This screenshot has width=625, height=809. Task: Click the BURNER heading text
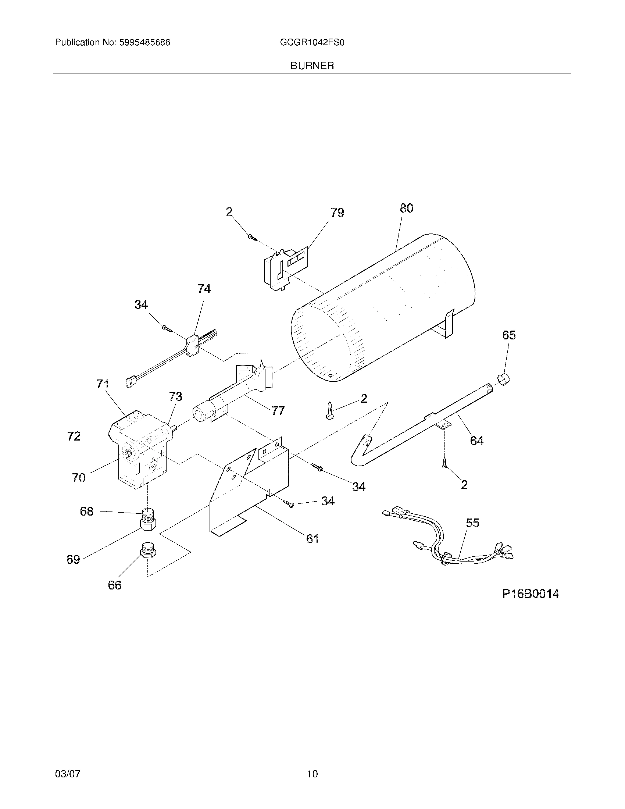[x=312, y=66]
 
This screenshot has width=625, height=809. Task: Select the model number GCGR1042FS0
[x=312, y=43]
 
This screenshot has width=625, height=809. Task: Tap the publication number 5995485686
[x=144, y=43]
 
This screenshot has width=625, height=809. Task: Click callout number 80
[x=406, y=208]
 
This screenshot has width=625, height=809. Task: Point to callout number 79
[x=337, y=213]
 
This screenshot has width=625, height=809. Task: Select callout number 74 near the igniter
[x=204, y=289]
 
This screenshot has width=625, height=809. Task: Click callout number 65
[x=509, y=335]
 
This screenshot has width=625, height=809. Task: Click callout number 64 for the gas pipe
[x=476, y=441]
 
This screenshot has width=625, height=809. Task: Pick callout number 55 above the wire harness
[x=472, y=523]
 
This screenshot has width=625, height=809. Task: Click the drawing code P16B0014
[x=531, y=594]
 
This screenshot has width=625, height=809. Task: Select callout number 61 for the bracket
[x=312, y=539]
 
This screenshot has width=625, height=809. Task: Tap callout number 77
[x=278, y=410]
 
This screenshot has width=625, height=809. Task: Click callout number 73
[x=175, y=397]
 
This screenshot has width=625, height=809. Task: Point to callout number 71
[x=103, y=385]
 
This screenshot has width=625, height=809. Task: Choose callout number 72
[x=74, y=436]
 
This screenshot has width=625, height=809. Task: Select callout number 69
[x=73, y=559]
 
